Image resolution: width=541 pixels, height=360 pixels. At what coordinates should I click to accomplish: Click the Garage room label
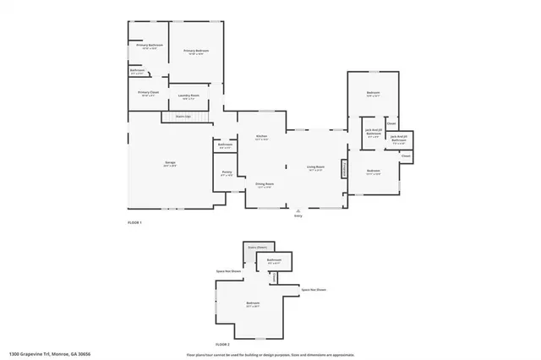click(x=171, y=163)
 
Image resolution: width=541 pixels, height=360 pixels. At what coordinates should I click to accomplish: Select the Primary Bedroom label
click(x=197, y=52)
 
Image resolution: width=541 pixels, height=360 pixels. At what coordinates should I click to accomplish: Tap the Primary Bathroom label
click(x=150, y=45)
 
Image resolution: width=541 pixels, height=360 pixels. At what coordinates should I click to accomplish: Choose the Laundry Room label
click(x=190, y=96)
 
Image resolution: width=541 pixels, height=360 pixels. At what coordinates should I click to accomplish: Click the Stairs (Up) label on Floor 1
click(x=183, y=116)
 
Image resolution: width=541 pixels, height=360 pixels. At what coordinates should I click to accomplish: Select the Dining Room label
click(x=265, y=184)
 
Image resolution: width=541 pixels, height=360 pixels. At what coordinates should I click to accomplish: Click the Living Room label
click(x=316, y=168)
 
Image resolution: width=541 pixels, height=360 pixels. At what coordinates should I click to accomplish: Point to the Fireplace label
click(x=344, y=169)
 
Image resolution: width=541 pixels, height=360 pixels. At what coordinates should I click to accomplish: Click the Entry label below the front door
click(x=298, y=216)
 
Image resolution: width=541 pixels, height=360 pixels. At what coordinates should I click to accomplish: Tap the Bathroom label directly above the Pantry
click(x=225, y=145)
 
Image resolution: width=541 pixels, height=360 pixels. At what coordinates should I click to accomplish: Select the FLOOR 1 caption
click(x=134, y=222)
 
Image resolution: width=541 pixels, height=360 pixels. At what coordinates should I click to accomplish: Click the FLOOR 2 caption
click(x=222, y=345)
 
